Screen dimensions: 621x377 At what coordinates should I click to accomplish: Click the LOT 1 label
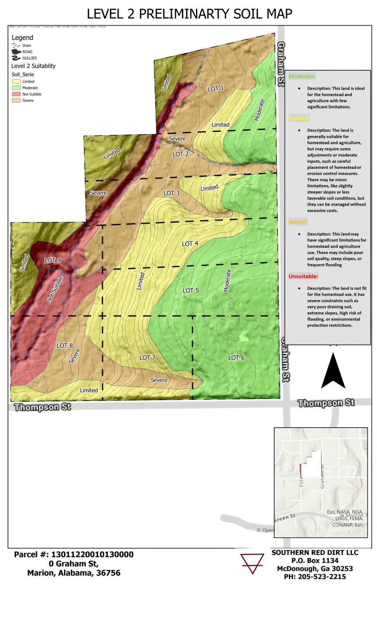215,88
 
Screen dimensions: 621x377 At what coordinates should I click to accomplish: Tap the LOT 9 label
52,260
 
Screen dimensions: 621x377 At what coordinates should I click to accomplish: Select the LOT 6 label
236,357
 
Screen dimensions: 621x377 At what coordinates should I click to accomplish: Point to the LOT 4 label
190,244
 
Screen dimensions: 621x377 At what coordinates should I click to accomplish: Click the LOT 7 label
147,357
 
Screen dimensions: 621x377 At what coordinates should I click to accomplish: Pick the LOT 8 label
64,345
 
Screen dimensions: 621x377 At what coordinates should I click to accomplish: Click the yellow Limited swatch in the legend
16,82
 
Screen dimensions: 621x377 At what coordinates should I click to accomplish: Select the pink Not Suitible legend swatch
16,94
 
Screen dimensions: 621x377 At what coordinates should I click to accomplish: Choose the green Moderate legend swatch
16,88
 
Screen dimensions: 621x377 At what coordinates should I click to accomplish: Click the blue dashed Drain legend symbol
16,45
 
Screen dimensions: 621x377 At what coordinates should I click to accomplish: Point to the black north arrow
333,372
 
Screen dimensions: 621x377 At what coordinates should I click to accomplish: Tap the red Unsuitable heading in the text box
303,276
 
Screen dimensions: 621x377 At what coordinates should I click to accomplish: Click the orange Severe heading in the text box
298,222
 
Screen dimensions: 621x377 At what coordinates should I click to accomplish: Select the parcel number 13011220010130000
92,554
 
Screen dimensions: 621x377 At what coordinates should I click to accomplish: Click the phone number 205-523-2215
321,577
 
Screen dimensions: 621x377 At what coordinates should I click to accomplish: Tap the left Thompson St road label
43,407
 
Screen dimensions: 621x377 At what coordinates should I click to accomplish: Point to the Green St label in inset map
284,518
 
